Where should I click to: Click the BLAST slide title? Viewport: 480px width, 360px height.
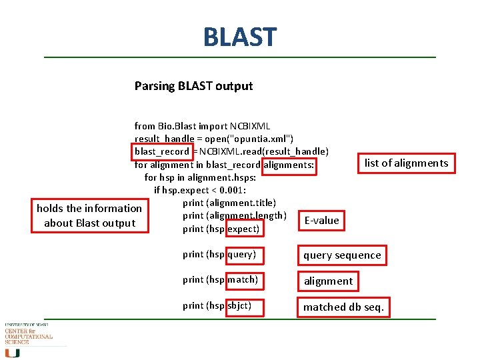[x=239, y=37]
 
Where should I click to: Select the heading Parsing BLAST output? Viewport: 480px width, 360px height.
[x=193, y=86]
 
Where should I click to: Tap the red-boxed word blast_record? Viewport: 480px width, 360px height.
[x=162, y=151]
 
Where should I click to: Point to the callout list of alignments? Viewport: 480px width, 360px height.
[x=406, y=163]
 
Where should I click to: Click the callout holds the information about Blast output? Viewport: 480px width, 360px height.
[x=89, y=216]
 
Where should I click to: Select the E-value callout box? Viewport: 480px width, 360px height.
[x=321, y=220]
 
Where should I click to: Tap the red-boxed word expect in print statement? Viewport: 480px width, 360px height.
[x=243, y=229]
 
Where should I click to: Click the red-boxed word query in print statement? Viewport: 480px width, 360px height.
[x=241, y=254]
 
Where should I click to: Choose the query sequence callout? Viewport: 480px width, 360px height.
[x=342, y=255]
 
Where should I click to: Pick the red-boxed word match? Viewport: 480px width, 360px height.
[x=243, y=279]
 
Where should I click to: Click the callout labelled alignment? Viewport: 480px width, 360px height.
[x=328, y=281]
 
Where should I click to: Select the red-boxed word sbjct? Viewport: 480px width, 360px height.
[x=241, y=306]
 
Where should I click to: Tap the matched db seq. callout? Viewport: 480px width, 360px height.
[x=343, y=307]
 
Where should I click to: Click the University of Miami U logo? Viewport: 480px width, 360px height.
[x=13, y=352]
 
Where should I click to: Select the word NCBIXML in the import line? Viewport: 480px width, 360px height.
[x=250, y=126]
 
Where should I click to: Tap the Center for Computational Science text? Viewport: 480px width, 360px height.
[x=28, y=334]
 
